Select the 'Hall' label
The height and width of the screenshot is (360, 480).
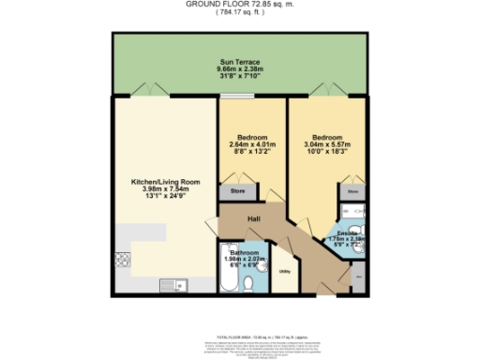[x=253, y=219]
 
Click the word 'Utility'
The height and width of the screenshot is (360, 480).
[x=285, y=272]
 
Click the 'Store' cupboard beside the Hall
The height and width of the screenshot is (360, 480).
[x=236, y=191]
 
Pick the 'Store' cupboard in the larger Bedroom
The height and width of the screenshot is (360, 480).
[x=353, y=191]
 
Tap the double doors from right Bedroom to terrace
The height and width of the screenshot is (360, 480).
[x=327, y=92]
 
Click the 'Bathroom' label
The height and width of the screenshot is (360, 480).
[x=246, y=252]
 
